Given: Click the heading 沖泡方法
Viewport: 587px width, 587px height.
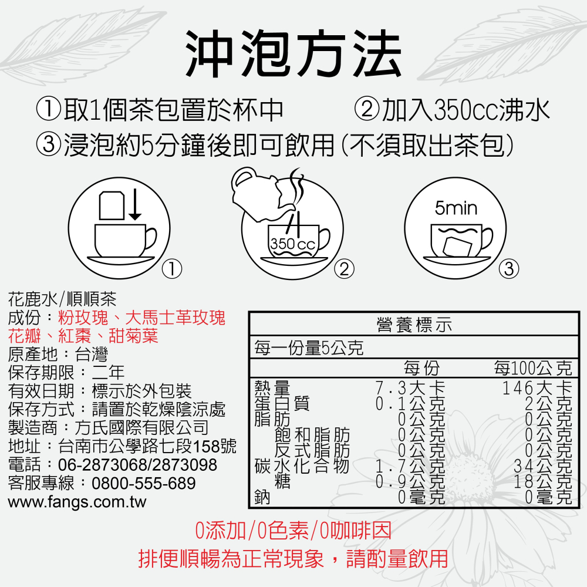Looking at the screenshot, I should [293, 55].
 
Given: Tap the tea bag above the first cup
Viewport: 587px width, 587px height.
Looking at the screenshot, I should [112, 205].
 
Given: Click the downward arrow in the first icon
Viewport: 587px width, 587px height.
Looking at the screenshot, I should [135, 205].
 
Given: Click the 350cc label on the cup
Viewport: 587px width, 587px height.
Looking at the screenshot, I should [292, 244].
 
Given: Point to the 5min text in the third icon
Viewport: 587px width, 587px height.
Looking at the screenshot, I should [456, 208].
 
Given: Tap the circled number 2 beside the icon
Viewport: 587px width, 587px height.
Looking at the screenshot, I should [344, 269].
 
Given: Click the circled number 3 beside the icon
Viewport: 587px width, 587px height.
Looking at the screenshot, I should [508, 269].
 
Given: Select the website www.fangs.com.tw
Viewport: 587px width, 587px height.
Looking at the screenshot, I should [77, 502].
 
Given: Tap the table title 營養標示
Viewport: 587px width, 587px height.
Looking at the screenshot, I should [414, 325].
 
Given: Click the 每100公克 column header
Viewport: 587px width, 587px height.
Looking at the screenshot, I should [532, 369].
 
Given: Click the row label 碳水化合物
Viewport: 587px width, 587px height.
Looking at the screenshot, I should [302, 467].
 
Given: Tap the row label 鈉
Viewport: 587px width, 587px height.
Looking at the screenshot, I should [262, 498].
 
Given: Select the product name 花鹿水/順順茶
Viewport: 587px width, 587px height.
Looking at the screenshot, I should [63, 301].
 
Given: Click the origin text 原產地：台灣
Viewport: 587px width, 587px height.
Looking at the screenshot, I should [58, 355].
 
